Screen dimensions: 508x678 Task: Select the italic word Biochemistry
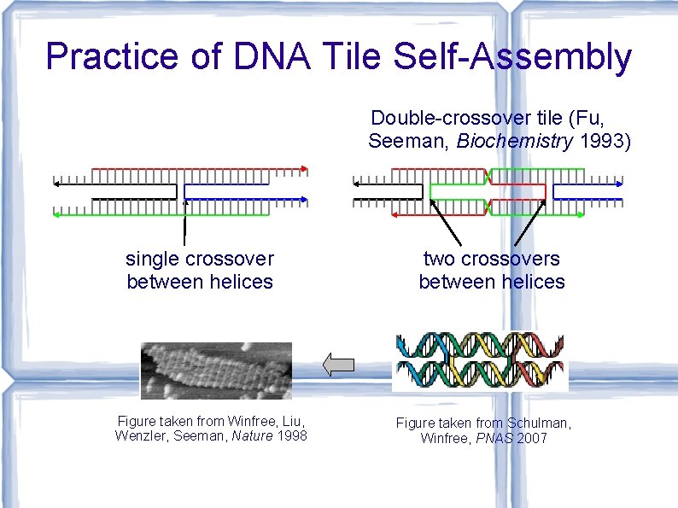point(515,141)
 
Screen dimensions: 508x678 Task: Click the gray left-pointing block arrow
point(339,365)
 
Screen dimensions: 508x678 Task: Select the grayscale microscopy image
point(216,370)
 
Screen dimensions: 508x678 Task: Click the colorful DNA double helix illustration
point(480,361)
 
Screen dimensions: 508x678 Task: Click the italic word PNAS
point(489,438)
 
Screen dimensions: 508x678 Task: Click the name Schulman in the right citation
point(538,423)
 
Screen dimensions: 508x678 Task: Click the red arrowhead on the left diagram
point(305,167)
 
